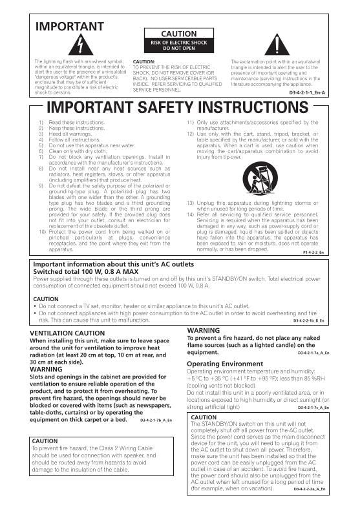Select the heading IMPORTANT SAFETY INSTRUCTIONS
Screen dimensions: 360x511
click(x=179, y=107)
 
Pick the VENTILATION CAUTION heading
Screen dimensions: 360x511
click(x=67, y=333)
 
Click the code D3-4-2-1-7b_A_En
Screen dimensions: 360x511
click(x=156, y=420)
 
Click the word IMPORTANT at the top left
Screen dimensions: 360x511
click(x=69, y=26)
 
